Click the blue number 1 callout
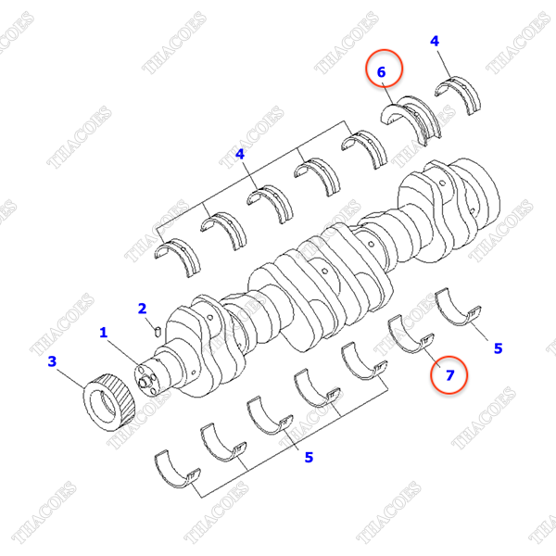103,333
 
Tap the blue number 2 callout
142,309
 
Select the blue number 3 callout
52,361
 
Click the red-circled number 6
381,72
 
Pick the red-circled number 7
450,375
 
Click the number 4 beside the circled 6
435,41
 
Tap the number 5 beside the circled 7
499,348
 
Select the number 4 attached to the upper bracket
240,154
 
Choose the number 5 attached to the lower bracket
309,458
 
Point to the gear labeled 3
109,402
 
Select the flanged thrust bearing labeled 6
411,119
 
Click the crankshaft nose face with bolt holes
146,379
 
